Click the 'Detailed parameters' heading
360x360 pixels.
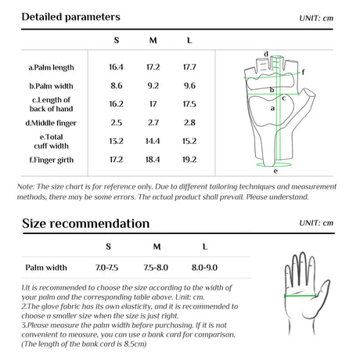70,17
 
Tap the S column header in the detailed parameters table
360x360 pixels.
117,41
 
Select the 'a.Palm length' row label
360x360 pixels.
51,67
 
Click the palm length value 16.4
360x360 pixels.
116,67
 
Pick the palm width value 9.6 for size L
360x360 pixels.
189,86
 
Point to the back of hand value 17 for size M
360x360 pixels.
153,104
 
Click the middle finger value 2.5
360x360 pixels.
117,123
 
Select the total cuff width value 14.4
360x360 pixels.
153,141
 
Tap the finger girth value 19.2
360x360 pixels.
189,160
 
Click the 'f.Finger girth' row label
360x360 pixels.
52,160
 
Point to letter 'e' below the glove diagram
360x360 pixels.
275,171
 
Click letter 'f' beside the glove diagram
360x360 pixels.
303,72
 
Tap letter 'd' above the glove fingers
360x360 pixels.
266,54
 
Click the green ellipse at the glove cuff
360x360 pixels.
273,167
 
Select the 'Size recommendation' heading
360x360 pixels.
85,224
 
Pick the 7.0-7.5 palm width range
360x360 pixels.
106,268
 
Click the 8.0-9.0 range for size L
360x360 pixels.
204,268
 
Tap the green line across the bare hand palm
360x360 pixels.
301,296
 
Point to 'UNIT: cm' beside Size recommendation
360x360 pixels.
316,223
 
